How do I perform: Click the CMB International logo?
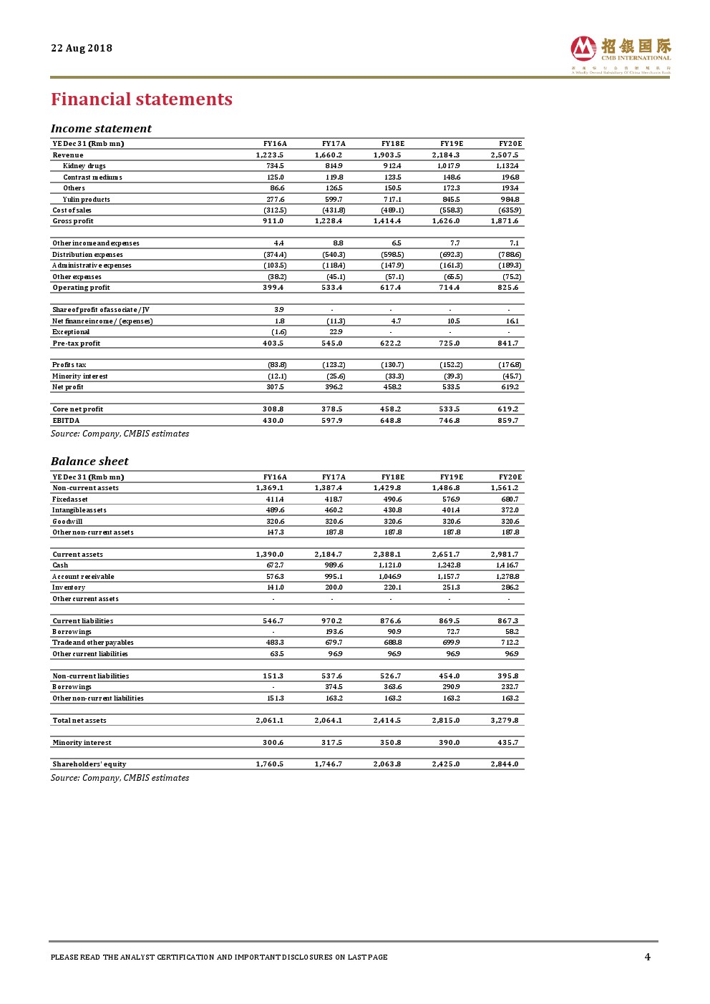[620, 54]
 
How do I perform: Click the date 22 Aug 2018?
[82, 48]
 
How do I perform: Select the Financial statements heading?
[142, 99]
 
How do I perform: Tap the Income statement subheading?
[101, 129]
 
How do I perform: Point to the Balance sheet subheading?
[89, 462]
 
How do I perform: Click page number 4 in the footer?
[648, 957]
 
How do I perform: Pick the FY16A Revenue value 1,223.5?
[270, 155]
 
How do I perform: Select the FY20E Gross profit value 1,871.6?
[505, 221]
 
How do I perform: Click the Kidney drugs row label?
[84, 166]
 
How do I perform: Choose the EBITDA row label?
[66, 421]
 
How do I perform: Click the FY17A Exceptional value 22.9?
[336, 332]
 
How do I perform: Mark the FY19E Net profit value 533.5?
[451, 387]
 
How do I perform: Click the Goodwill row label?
[67, 522]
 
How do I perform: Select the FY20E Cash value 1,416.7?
[507, 565]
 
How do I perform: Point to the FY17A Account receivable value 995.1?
[334, 577]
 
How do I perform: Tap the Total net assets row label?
[79, 721]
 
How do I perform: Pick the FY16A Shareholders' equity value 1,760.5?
[270, 764]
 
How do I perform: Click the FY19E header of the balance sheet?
[452, 477]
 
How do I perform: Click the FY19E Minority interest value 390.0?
[449, 743]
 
